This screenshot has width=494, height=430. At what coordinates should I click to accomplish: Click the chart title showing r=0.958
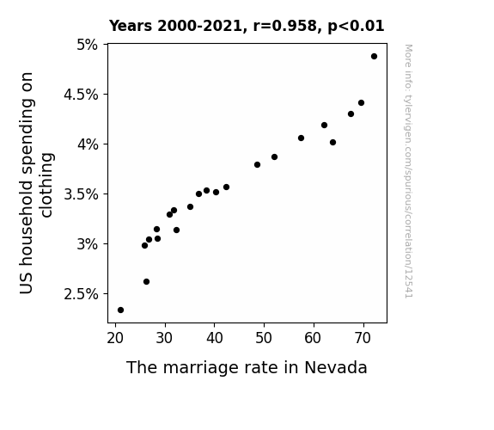click(x=247, y=26)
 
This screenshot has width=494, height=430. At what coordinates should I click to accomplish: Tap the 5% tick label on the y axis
click(x=88, y=45)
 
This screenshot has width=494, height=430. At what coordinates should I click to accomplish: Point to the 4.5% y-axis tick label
click(x=81, y=95)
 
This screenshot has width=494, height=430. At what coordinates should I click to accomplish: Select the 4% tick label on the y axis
click(x=88, y=144)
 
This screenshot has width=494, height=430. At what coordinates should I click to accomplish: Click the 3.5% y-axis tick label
click(x=81, y=194)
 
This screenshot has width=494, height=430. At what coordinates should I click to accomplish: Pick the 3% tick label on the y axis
click(x=88, y=244)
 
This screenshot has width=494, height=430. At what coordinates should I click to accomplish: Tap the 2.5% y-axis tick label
click(x=81, y=294)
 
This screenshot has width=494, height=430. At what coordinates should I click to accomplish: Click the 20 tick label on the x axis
click(x=115, y=339)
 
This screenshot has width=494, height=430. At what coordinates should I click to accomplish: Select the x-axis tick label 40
click(x=214, y=339)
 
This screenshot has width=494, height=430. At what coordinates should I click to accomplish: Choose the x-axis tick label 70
click(x=363, y=339)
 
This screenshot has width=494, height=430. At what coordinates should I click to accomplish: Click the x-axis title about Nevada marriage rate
click(x=247, y=368)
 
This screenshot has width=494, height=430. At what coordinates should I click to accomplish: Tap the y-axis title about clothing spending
click(x=36, y=183)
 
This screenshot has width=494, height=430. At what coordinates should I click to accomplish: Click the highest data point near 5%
click(x=374, y=57)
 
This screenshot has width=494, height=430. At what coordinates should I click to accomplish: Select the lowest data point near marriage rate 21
click(x=120, y=310)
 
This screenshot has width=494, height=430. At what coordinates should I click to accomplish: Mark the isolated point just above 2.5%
click(x=147, y=282)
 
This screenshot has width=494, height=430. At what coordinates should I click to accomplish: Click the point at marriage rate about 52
click(x=274, y=157)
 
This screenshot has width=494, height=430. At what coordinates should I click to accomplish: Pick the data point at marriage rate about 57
click(x=301, y=138)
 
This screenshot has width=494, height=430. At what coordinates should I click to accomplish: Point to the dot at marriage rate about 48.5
click(x=257, y=164)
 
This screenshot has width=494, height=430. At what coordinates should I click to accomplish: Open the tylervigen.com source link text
click(x=408, y=171)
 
